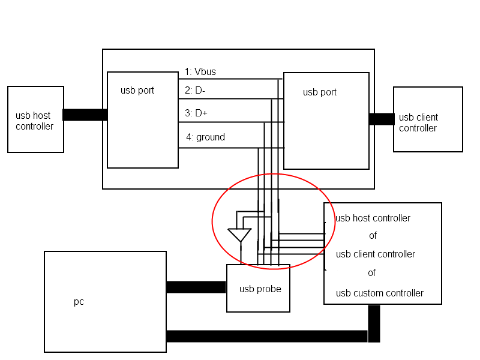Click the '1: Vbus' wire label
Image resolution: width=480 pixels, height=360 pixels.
pos(200,71)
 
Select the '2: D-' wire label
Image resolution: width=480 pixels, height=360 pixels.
pos(194,91)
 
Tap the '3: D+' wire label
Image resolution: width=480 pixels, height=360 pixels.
pos(196,113)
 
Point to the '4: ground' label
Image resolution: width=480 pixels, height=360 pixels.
pos(205,137)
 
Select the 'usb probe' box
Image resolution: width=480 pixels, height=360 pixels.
pos(258,289)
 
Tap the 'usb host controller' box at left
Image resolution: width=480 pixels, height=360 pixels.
pos(35,119)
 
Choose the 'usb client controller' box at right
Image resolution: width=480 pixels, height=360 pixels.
pos(428,119)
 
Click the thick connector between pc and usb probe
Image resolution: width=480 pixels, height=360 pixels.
pos(196,287)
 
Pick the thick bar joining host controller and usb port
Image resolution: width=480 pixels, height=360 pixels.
pos(85,115)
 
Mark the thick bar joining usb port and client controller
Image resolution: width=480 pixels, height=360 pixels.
pos(382,119)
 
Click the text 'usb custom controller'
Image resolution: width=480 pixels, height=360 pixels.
pos(380,293)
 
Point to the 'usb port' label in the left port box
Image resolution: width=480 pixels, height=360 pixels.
pos(137,91)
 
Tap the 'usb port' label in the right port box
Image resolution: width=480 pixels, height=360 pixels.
pos(320,92)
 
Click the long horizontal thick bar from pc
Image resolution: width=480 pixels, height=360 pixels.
pos(267,336)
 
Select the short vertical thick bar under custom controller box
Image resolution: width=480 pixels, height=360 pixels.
pos(374,323)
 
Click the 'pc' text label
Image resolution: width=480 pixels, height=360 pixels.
pos(79,302)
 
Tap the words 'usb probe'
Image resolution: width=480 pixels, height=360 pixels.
pos(260,289)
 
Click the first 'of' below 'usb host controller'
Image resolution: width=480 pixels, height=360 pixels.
pos(373,235)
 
